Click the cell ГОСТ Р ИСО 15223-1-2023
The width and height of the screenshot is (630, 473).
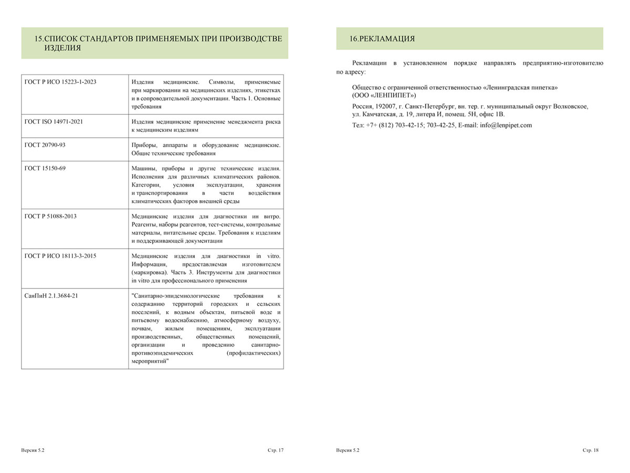[x=60, y=82]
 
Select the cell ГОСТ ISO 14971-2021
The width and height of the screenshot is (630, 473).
[x=54, y=121]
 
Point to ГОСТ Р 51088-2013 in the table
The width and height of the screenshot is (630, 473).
[x=50, y=216]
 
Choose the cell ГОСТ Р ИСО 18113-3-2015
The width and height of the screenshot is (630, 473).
[x=60, y=256]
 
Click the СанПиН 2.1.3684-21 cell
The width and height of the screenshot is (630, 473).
[x=51, y=295]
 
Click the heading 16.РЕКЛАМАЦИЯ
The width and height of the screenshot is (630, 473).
[x=382, y=39]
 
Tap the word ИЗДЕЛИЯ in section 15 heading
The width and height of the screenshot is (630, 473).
[x=62, y=48]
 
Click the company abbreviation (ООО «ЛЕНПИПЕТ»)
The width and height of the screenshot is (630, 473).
[x=384, y=95]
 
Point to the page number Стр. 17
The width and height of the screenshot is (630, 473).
[x=275, y=450]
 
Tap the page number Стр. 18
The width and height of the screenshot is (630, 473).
[x=590, y=450]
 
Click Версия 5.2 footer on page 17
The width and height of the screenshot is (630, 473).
[x=33, y=450]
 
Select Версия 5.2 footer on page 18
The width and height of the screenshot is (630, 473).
[x=348, y=450]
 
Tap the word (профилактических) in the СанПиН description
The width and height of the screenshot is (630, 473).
[x=254, y=353]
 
